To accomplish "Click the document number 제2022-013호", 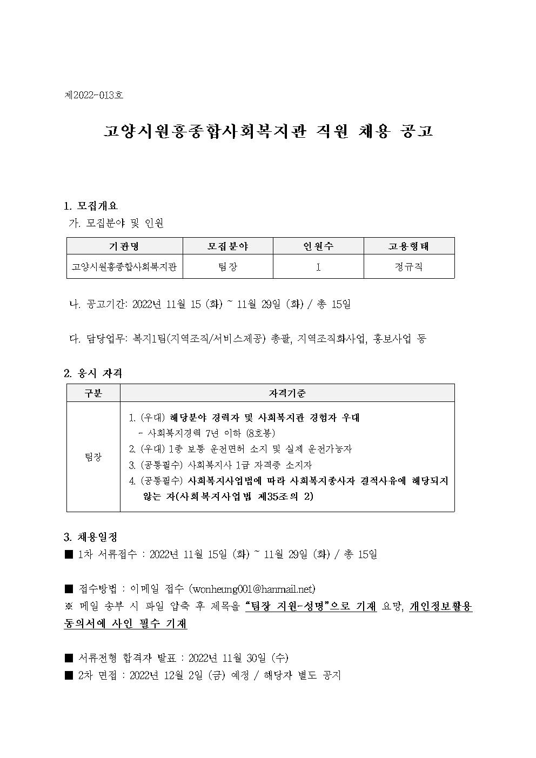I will (94, 95).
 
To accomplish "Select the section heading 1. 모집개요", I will (91, 206).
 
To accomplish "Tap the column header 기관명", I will (124, 246).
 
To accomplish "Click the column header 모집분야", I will (228, 246).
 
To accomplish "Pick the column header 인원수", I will (318, 246).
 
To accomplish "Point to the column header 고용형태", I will (409, 246).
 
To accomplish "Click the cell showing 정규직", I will (409, 267).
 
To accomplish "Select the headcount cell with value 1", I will (318, 267).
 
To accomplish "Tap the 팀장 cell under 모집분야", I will (228, 267).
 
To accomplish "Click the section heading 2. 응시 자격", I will (93, 373).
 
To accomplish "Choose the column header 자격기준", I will (287, 393).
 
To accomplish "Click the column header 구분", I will (93, 393).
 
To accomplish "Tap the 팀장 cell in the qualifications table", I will (93, 457).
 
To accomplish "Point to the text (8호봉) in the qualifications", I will (261, 433).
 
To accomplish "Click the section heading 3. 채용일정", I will (91, 538).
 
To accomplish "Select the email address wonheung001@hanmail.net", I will (252, 589).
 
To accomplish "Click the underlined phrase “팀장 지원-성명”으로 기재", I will (311, 607).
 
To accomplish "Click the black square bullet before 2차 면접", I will (69, 675).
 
